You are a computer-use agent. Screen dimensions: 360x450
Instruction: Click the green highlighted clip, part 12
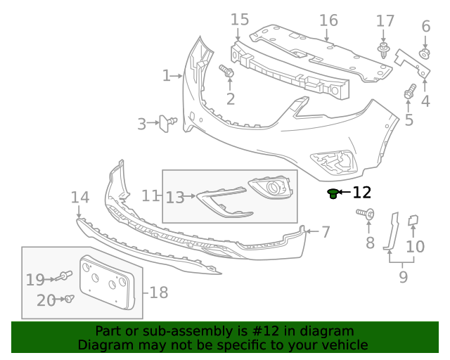click(333, 193)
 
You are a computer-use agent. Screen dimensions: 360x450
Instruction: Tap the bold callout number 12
click(361, 192)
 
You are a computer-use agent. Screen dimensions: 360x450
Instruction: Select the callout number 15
click(240, 19)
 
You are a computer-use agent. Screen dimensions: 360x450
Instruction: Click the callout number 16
click(328, 19)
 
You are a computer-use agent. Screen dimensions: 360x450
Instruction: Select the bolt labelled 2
click(226, 71)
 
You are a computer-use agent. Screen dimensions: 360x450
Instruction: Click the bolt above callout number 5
click(409, 91)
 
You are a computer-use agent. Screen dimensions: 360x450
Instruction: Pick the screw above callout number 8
click(366, 213)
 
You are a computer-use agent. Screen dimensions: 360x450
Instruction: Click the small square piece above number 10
click(414, 221)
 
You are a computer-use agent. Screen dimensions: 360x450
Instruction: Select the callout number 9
click(403, 277)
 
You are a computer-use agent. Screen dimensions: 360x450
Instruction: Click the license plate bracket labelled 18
click(105, 283)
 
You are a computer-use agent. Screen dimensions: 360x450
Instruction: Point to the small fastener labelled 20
click(69, 299)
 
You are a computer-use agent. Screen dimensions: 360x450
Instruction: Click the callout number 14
click(80, 198)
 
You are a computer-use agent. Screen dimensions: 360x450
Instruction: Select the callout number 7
click(326, 231)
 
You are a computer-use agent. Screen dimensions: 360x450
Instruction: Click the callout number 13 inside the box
click(174, 198)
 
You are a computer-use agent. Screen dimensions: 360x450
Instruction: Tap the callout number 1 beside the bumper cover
click(166, 75)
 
